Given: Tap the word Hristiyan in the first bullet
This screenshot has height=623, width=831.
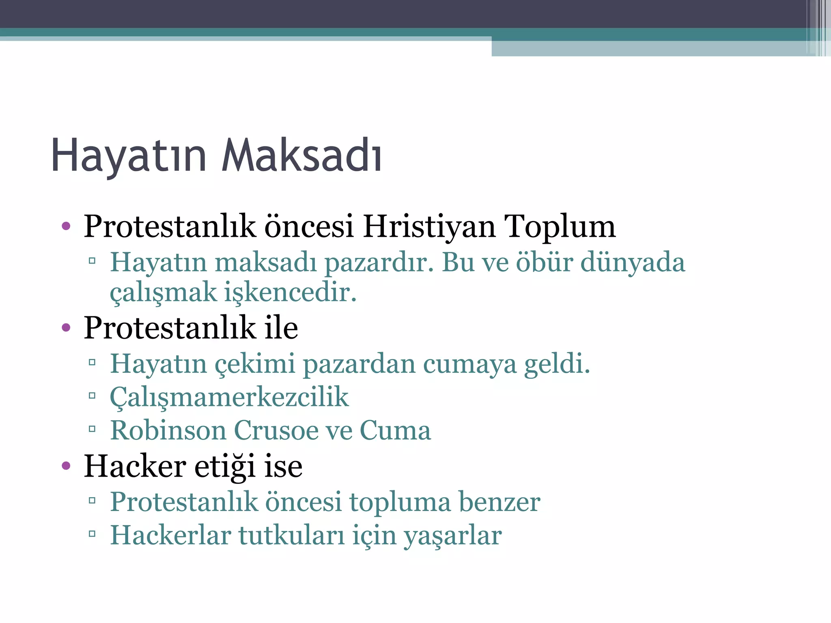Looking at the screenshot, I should [x=429, y=226].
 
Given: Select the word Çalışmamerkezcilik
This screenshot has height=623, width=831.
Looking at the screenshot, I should [x=229, y=397].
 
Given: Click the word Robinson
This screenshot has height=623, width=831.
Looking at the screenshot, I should [x=168, y=430].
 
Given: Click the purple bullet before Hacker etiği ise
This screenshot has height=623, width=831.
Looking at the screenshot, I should [x=66, y=466].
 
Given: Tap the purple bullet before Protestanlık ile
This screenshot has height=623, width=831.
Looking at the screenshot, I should [x=66, y=327].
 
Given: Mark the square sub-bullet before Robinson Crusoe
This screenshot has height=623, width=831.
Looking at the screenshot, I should [x=92, y=429].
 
